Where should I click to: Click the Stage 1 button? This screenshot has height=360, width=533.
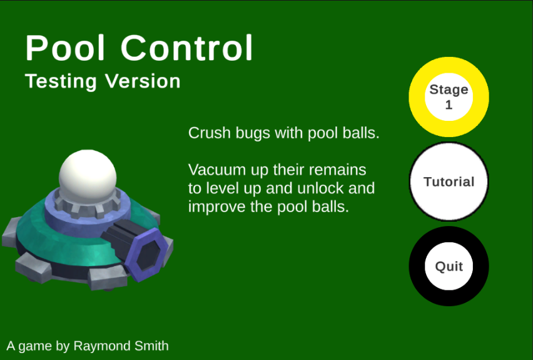tap(449, 96)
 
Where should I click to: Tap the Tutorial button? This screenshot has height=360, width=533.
tap(449, 182)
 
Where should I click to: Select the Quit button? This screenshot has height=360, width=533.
tap(449, 266)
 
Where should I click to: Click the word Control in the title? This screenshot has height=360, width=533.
tap(187, 48)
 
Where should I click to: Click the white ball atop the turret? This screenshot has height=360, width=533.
tap(88, 172)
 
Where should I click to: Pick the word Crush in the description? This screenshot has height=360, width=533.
tap(208, 133)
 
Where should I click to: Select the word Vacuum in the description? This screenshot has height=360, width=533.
tap(216, 170)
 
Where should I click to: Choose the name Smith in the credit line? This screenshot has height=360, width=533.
tap(151, 346)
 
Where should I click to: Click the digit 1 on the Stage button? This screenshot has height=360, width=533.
tap(449, 105)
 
